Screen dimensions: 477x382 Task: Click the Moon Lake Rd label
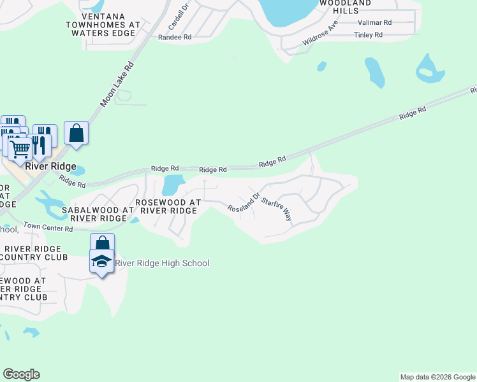117,84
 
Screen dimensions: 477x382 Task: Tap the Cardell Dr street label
180,17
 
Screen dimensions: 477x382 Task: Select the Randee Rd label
175,38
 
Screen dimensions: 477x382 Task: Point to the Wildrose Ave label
320,34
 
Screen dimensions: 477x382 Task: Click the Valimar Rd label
374,22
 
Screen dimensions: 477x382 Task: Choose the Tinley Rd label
368,35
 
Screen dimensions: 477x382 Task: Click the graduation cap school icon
102,261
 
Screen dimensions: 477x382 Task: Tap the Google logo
21,374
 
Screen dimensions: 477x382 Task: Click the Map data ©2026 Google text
437,377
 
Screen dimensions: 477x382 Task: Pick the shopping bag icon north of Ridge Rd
77,134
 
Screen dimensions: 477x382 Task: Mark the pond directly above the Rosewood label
172,186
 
